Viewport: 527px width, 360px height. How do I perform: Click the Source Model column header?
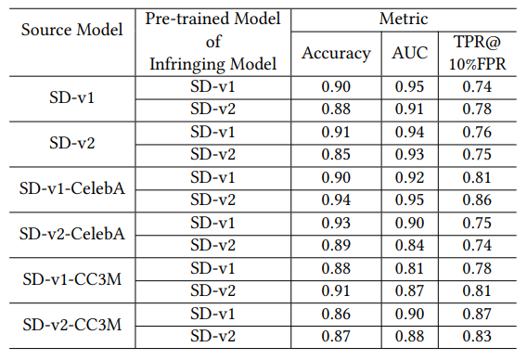click(x=72, y=30)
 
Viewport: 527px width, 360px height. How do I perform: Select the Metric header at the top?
click(x=405, y=18)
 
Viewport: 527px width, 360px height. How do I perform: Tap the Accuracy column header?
click(x=336, y=53)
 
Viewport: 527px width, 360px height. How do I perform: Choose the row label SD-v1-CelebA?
click(x=72, y=188)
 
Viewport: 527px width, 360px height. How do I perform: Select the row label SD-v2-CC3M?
click(x=72, y=326)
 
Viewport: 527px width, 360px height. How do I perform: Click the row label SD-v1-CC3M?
click(x=72, y=280)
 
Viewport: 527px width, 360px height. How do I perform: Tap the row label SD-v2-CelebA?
click(x=72, y=234)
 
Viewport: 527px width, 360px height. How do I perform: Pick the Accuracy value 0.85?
click(x=336, y=154)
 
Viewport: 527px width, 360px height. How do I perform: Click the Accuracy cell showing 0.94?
click(x=336, y=199)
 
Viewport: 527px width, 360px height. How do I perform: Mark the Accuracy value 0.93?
click(x=336, y=223)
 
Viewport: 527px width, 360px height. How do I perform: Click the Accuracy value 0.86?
click(x=336, y=315)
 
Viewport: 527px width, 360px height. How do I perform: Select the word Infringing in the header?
click(x=190, y=63)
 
